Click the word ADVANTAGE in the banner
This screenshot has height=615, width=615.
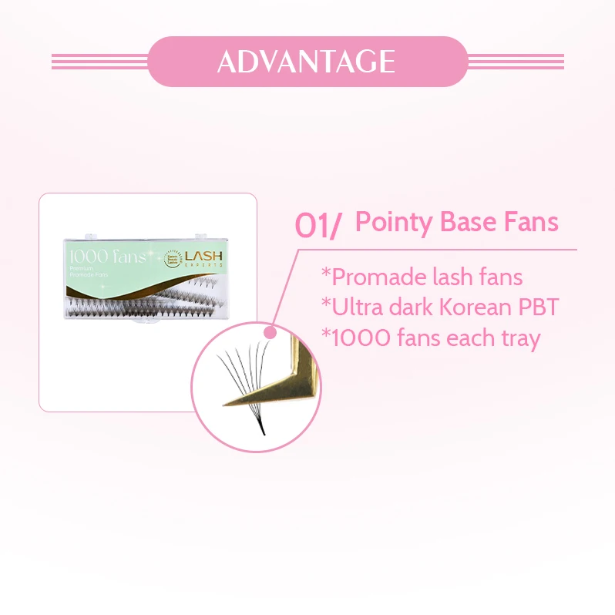[x=307, y=61]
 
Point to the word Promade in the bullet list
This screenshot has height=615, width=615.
[x=374, y=277]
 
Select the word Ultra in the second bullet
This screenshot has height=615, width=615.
[x=355, y=307]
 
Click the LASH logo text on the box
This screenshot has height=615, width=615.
[x=206, y=255]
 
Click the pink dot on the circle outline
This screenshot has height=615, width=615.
[x=271, y=332]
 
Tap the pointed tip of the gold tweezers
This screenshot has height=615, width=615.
[x=224, y=402]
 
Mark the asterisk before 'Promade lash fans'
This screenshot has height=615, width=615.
[x=324, y=274]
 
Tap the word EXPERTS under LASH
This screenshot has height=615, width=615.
[x=206, y=266]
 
